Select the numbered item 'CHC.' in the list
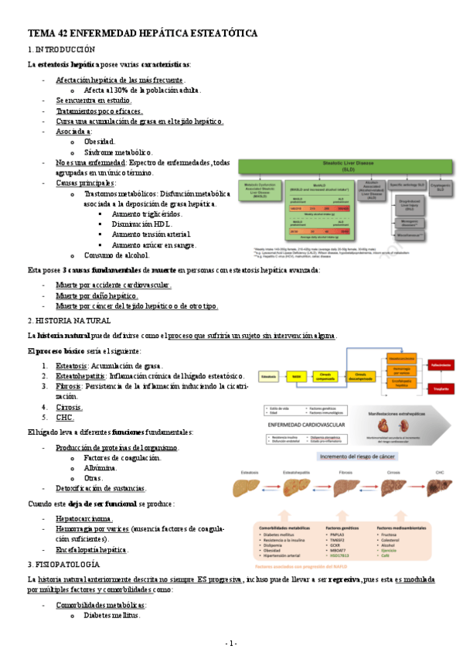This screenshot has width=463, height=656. (x=65, y=417)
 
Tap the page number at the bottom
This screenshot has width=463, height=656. (x=231, y=644)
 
